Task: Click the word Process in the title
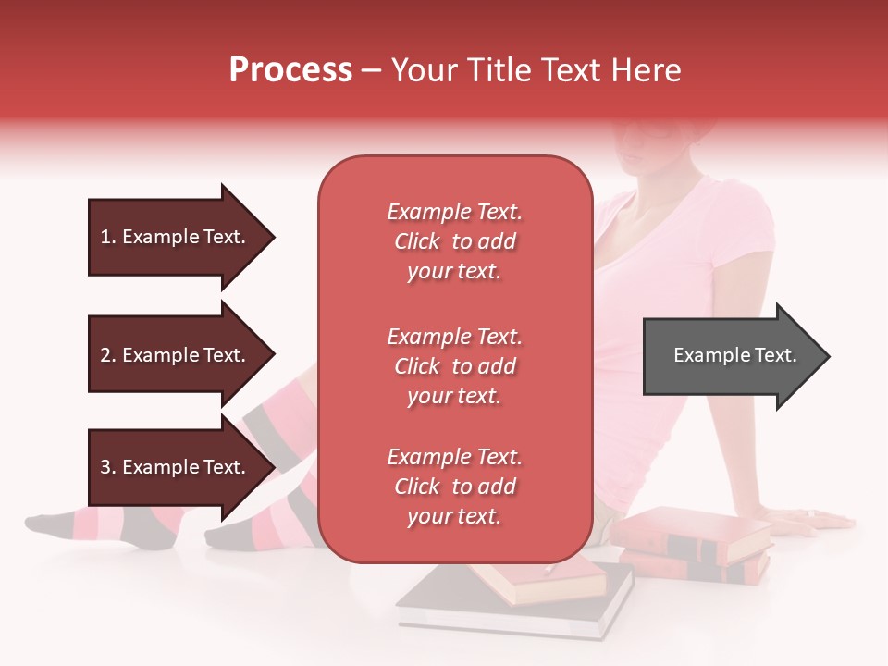[x=290, y=70]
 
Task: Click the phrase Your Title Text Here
[x=536, y=70]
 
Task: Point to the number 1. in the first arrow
[x=108, y=237]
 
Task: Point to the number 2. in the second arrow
[x=108, y=355]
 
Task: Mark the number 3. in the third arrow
[x=108, y=467]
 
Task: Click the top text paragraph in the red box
[x=454, y=241]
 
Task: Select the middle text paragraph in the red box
[x=454, y=366]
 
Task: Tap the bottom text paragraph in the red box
[x=454, y=487]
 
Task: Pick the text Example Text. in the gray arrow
[x=734, y=355]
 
